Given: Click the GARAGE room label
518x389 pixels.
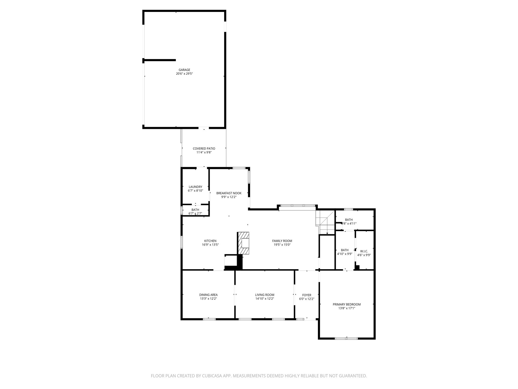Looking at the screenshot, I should coord(184,70).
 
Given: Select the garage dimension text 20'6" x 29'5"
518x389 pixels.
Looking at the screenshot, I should coord(184,74).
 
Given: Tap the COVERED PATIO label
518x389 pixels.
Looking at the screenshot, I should coord(204,149).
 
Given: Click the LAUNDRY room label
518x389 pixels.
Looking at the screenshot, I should coord(195,187).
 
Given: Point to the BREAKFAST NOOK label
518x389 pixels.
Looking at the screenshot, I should coord(229,193).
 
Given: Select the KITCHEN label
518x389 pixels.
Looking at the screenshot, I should coord(210,241).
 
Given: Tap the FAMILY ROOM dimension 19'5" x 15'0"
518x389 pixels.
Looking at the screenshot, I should coord(282,245).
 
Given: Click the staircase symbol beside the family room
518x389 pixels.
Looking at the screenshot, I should coord(325,222).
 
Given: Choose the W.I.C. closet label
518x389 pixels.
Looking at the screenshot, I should coord(364,251).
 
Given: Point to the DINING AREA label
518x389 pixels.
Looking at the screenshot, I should coord(208,295).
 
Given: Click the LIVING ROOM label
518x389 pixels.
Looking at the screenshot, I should coord(265,295).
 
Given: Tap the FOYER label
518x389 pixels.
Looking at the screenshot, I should coord(307,295).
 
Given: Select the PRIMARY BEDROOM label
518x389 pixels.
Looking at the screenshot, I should coord(347,304).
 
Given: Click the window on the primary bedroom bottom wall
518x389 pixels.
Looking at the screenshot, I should coord(346,338).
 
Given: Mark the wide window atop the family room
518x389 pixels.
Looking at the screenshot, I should coord(297,206).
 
